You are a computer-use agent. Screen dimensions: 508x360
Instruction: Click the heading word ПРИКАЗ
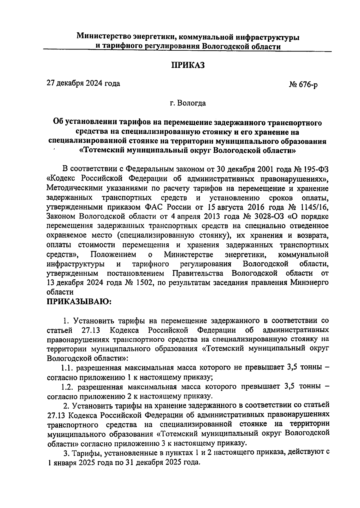(188, 65)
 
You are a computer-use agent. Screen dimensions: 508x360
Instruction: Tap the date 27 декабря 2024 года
(83, 83)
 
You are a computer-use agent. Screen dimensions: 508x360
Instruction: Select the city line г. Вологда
(188, 103)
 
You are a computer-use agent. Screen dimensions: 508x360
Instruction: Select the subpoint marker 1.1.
(67, 368)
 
